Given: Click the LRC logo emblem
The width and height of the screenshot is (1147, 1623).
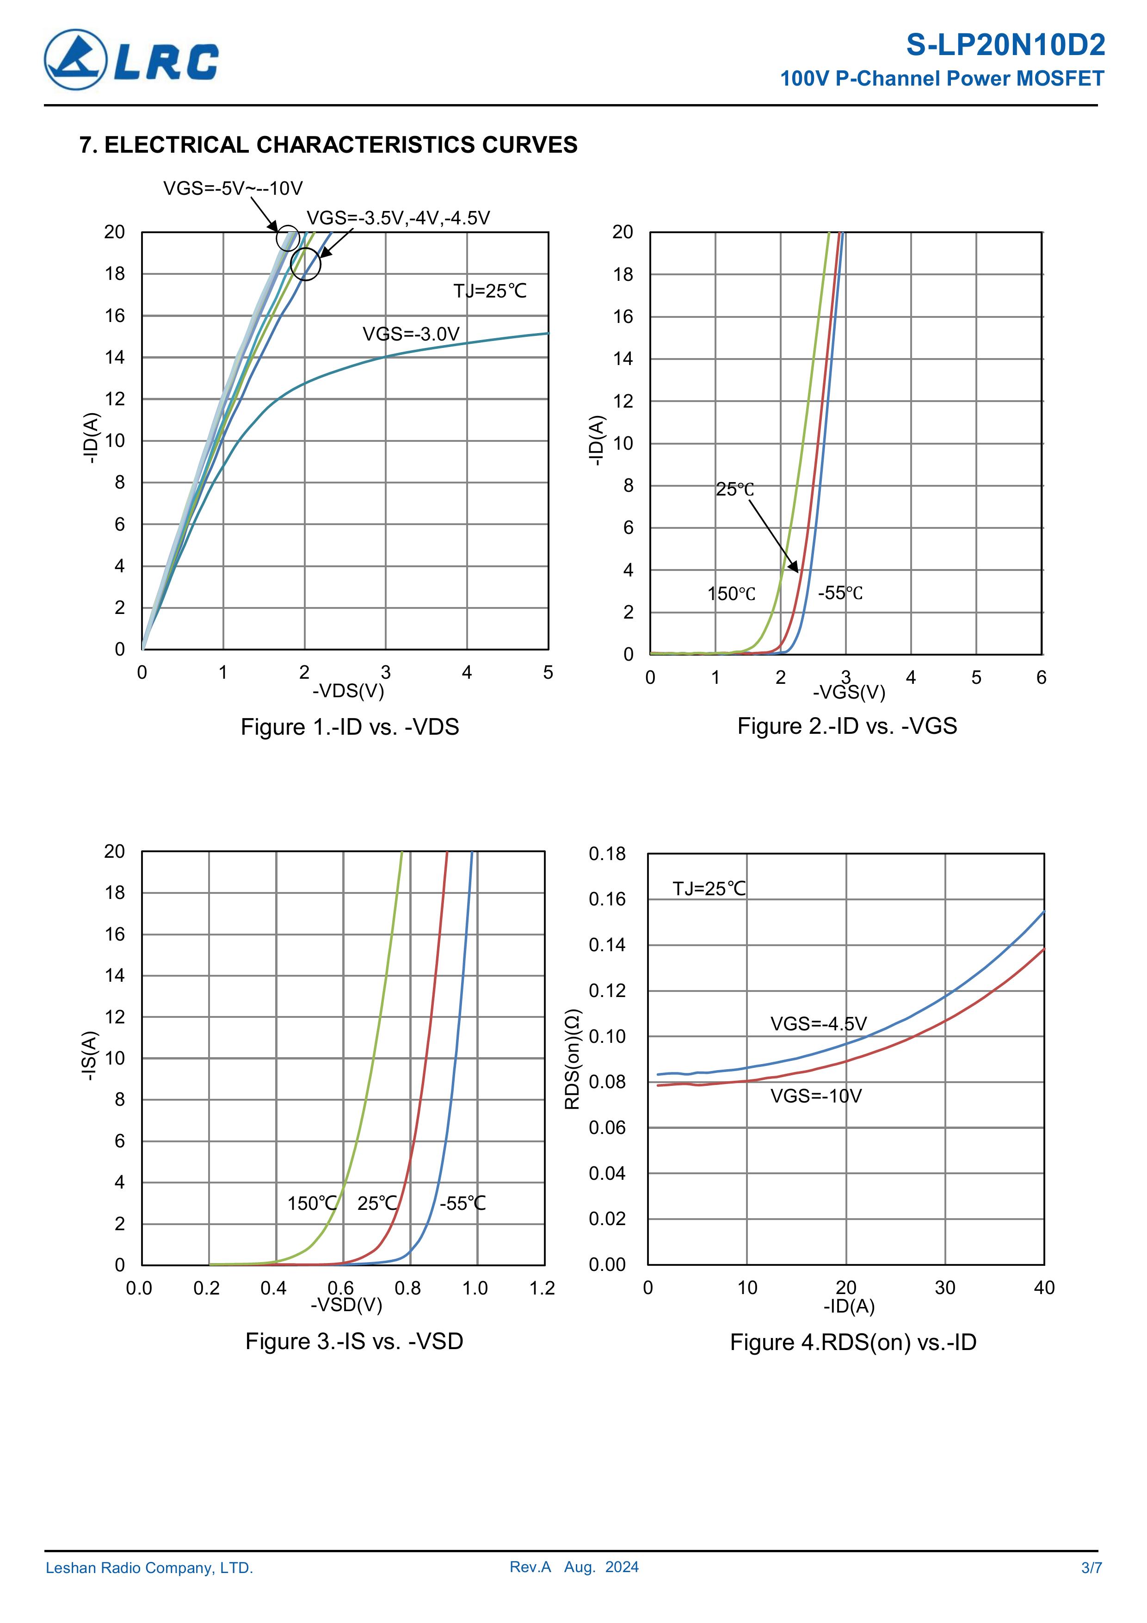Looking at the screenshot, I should tap(75, 60).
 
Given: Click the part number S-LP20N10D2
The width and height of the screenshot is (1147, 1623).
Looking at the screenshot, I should tap(1005, 45).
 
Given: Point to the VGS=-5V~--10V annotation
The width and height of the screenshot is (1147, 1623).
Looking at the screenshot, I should tap(233, 189).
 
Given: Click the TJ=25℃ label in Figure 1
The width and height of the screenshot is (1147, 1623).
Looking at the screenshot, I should tap(490, 291).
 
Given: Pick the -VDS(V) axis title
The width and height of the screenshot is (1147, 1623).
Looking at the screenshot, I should tap(348, 691).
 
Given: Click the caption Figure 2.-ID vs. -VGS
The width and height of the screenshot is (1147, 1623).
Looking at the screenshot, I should tap(847, 726).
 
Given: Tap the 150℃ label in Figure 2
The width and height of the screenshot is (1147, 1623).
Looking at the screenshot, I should tap(732, 594).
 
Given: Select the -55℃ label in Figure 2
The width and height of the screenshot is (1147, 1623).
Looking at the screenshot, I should tap(840, 593).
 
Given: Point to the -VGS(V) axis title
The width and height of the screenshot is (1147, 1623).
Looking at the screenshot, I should tap(849, 692).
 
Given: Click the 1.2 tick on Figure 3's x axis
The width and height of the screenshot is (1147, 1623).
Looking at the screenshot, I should tap(542, 1288).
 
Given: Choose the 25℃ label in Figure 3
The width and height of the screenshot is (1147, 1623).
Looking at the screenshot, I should tap(377, 1203).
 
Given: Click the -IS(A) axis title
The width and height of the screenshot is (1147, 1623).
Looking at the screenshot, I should tap(88, 1056).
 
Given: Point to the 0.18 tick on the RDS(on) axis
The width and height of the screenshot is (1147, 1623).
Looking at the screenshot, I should tap(607, 854).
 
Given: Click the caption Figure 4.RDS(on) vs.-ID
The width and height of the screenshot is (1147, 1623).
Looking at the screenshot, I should tap(853, 1342).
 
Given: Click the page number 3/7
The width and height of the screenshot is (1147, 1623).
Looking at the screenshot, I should tap(1091, 1568).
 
